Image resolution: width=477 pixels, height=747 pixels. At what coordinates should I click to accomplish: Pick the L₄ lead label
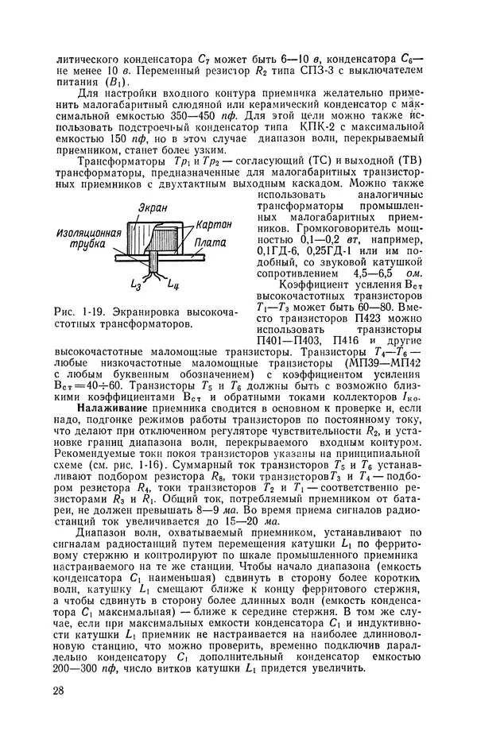[173, 282]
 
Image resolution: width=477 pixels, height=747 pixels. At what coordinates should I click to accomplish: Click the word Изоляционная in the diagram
[88, 234]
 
